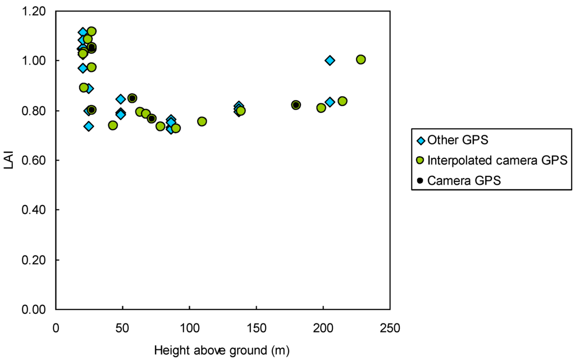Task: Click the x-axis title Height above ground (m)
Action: pos(222,350)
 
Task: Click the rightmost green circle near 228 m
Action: pos(360,60)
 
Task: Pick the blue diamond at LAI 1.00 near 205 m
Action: pos(330,60)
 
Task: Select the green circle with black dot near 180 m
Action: pos(296,105)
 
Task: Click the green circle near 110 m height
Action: pos(202,121)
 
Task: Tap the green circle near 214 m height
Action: pos(342,101)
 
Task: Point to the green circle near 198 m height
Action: pos(321,108)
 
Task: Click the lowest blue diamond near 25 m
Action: pos(89,126)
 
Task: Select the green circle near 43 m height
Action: pos(113,125)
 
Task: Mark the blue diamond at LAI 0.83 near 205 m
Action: pos(330,102)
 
